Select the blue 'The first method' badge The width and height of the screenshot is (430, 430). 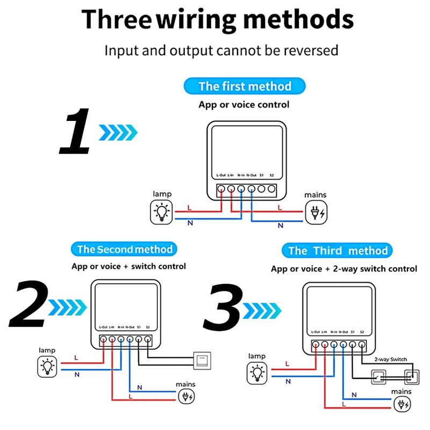245,86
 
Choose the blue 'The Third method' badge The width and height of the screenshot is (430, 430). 338,250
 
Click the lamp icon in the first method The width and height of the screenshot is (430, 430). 162,212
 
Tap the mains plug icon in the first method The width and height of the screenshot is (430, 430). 315,213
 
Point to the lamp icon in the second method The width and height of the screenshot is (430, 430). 48,367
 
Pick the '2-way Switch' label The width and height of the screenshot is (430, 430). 390,359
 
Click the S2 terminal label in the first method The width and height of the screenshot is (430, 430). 272,175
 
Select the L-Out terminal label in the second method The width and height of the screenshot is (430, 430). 103,327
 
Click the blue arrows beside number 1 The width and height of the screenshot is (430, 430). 118,132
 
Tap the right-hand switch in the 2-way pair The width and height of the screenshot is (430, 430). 411,376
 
